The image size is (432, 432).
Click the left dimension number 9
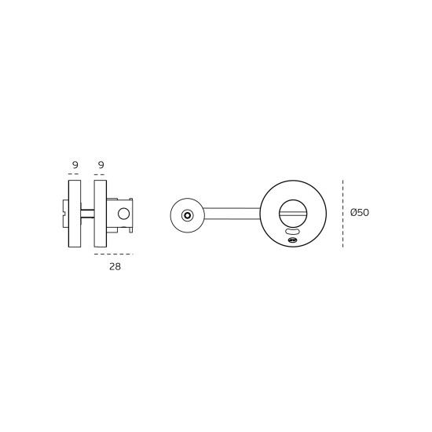pyautogui.click(x=75, y=165)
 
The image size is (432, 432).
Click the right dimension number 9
pyautogui.click(x=101, y=165)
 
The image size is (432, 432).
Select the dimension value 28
pyautogui.click(x=115, y=267)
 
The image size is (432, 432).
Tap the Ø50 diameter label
pyautogui.click(x=360, y=212)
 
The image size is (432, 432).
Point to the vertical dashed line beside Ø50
pyautogui.click(x=342, y=214)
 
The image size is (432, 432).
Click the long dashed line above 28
pyautogui.click(x=114, y=254)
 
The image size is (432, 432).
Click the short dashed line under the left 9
pyautogui.click(x=74, y=174)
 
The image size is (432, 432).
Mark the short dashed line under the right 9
pyautogui.click(x=100, y=174)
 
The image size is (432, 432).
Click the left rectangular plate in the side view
pyautogui.click(x=75, y=214)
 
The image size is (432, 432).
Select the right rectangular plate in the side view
pyautogui.click(x=101, y=214)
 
